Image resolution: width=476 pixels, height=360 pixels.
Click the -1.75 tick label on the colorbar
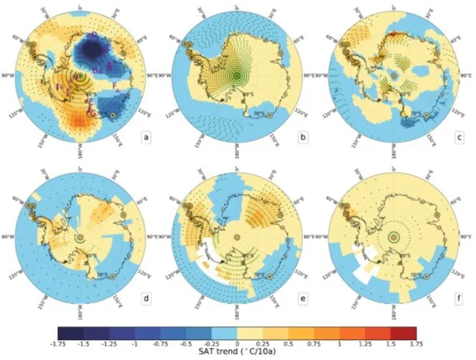[x=59, y=343]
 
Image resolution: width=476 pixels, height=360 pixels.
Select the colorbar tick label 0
[x=238, y=343]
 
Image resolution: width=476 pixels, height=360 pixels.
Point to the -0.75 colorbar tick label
[x=161, y=343]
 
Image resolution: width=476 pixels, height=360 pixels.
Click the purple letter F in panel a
[x=116, y=86]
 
